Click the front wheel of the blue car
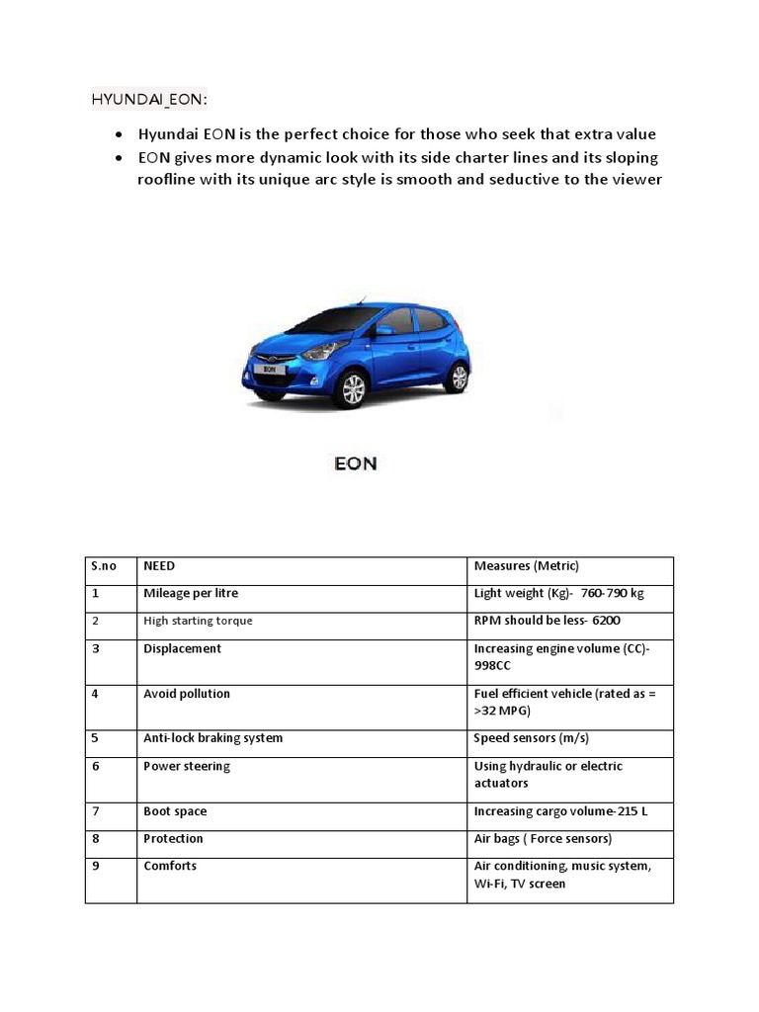352,389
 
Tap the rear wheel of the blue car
457,377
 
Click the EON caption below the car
355,463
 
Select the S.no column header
104,566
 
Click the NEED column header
159,566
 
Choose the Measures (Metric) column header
526,566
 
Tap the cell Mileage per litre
191,593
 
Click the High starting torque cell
198,621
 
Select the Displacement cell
182,648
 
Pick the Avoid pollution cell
187,694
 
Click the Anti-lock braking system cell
212,738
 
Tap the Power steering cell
187,766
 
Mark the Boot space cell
175,811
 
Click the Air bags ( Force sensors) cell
543,839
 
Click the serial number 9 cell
95,866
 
